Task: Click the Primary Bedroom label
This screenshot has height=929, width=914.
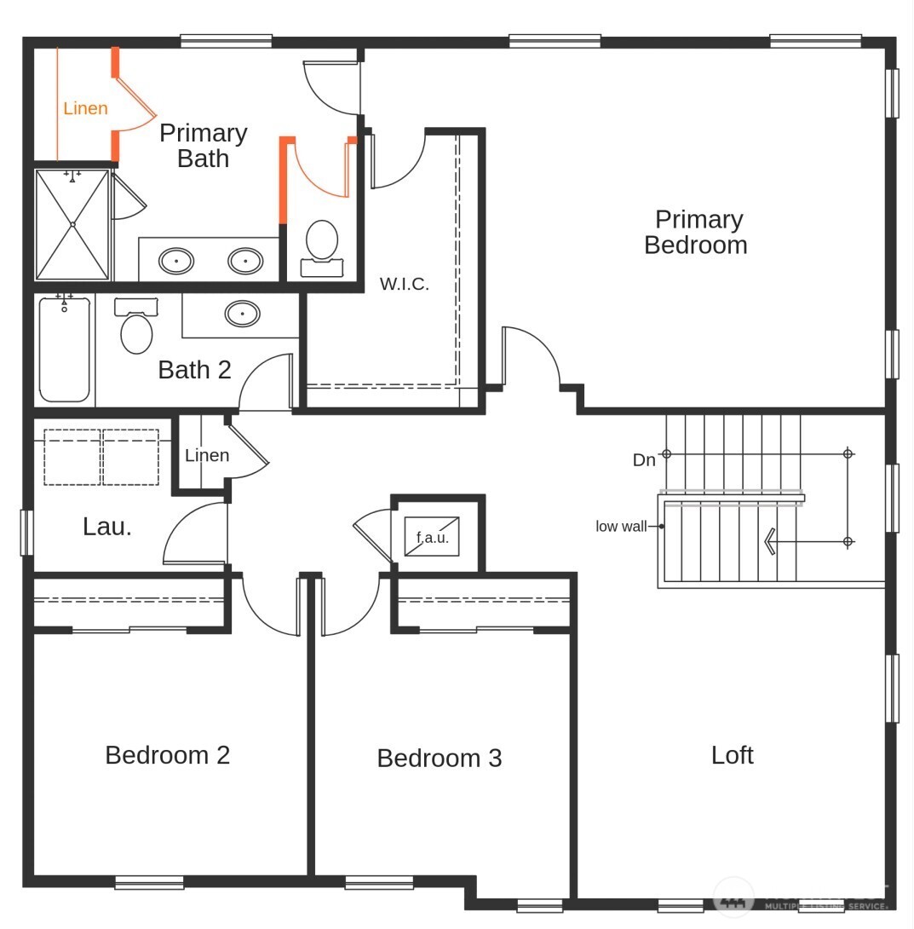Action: [696, 233]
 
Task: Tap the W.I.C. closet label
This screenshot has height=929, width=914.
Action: [404, 285]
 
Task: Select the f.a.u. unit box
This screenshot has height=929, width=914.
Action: [432, 537]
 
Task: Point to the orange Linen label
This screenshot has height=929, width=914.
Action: [85, 108]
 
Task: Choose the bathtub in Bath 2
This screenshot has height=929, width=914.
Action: [65, 349]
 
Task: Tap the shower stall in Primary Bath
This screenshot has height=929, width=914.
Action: [72, 225]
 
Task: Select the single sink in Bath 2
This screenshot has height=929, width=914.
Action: [243, 314]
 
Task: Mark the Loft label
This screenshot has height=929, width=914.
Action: [732, 755]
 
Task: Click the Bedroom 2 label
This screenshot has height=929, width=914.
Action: [167, 755]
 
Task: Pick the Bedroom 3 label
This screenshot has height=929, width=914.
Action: [439, 758]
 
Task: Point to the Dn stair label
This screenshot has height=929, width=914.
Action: [644, 460]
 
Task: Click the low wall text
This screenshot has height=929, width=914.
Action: [621, 527]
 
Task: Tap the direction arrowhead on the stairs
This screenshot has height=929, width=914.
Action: [769, 541]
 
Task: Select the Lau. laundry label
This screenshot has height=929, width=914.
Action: [107, 527]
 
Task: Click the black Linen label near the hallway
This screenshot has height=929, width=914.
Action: [207, 455]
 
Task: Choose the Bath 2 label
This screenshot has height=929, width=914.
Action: [194, 370]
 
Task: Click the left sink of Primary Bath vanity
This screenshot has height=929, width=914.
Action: [176, 261]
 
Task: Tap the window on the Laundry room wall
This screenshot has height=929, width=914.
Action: [26, 532]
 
